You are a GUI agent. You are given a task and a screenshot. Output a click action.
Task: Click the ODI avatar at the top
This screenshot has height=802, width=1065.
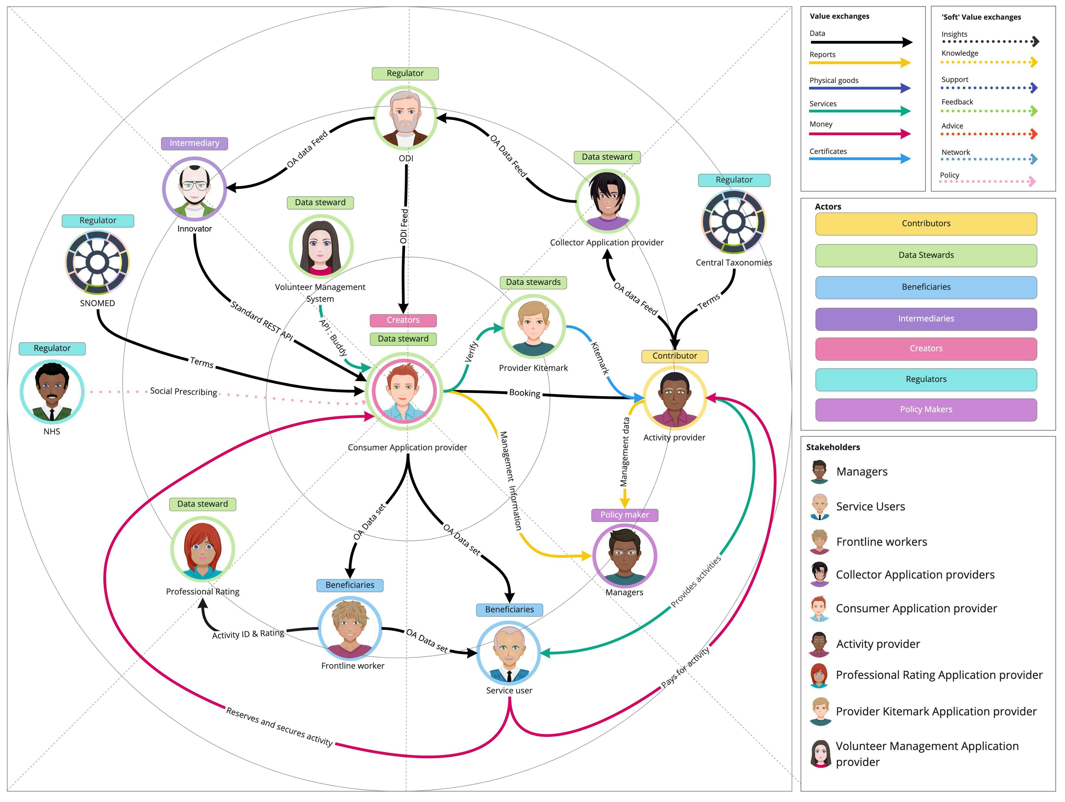(405, 118)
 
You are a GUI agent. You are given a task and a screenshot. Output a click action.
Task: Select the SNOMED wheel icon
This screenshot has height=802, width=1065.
(97, 262)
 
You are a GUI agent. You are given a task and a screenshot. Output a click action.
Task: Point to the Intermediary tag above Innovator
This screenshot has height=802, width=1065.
(194, 143)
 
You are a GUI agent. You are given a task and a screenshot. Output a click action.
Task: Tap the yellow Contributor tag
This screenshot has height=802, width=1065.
(674, 356)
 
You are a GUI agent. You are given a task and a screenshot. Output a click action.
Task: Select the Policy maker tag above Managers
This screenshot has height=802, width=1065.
(625, 515)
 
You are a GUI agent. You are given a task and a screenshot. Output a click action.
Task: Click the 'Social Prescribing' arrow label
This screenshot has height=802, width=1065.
(184, 392)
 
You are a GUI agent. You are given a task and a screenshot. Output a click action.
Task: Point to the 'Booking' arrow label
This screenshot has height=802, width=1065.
(524, 393)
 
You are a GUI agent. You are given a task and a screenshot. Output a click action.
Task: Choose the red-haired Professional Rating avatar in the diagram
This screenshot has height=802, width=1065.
(203, 549)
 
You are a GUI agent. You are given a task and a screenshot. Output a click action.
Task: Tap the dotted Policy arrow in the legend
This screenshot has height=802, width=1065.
(987, 182)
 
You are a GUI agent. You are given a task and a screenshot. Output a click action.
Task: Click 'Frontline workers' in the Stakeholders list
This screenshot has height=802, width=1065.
(881, 542)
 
